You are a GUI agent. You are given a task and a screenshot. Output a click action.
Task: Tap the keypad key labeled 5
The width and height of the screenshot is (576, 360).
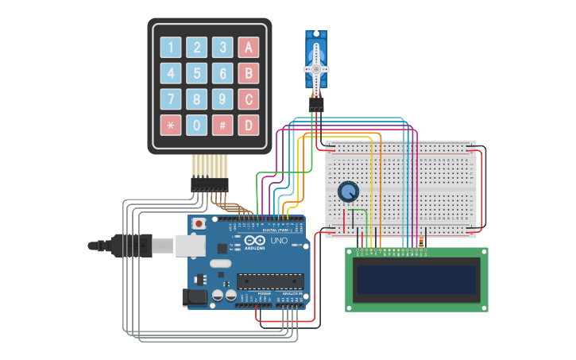(x=197, y=73)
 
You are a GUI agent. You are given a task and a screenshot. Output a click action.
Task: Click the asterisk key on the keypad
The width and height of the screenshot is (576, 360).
(x=171, y=125)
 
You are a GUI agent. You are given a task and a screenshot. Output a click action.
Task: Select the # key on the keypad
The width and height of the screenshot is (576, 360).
(x=223, y=125)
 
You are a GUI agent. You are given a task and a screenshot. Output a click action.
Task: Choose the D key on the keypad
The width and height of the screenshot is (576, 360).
(x=249, y=125)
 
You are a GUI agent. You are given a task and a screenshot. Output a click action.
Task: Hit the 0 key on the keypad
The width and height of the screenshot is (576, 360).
(x=197, y=125)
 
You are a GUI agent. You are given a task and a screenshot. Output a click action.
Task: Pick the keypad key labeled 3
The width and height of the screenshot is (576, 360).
(x=223, y=47)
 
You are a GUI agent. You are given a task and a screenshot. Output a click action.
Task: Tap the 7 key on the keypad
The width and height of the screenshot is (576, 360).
(x=171, y=99)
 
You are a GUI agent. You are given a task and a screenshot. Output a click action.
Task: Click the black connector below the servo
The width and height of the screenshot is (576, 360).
(x=316, y=104)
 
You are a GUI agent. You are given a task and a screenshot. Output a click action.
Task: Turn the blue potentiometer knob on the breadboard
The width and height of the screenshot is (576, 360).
(x=347, y=192)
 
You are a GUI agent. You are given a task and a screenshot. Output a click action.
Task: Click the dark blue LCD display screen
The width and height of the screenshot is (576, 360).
(x=416, y=280)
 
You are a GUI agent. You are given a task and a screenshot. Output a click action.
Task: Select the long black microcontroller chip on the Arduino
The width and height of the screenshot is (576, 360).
(x=270, y=281)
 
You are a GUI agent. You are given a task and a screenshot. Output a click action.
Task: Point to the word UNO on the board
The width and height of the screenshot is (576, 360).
(x=279, y=240)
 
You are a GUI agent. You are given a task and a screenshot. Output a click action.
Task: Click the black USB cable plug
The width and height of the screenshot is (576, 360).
(x=131, y=246)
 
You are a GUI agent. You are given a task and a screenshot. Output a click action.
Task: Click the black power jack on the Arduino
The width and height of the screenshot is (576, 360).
(x=195, y=298)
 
